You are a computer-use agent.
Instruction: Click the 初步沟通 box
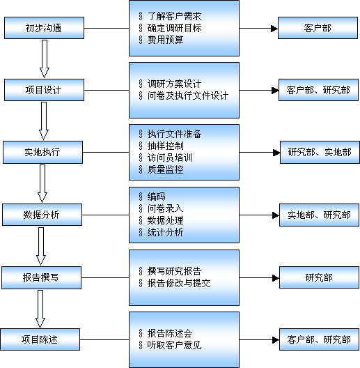pos(44,28)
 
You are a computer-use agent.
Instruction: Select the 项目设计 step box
pos(44,90)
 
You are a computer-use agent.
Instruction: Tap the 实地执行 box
pos(42,152)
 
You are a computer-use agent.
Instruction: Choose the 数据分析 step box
pos(42,215)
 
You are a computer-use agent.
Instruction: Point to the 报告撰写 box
pos(42,277)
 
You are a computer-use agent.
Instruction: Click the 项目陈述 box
pos(40,339)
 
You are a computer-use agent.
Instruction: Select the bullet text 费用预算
pos(165,40)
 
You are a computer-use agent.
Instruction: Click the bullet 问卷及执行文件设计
pos(188,95)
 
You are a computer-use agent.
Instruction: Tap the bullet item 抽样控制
pos(165,146)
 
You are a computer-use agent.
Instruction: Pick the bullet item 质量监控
pos(165,169)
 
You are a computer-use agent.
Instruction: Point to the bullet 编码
pos(156,197)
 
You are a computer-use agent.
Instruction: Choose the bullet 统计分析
pos(165,232)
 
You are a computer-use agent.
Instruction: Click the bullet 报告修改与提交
pos(179,283)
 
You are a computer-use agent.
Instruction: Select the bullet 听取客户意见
pos(174,345)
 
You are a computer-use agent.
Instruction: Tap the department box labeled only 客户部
pos(318,28)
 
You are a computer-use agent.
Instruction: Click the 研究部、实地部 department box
pos(320,152)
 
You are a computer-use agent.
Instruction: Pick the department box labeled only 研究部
pos(319,277)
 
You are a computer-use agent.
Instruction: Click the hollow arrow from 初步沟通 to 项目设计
pos(45,59)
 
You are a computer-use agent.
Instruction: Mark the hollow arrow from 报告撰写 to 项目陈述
pos(40,309)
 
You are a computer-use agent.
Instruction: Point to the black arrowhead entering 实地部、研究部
pos(276,215)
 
